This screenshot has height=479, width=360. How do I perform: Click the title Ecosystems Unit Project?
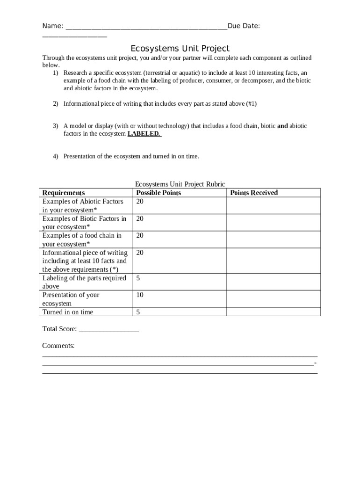coord(180,49)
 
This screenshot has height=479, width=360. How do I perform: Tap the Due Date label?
coord(244,26)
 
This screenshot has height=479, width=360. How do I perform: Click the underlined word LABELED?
coord(144,134)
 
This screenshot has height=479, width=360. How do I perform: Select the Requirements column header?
coord(64,193)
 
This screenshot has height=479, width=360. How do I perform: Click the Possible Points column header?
coord(158,193)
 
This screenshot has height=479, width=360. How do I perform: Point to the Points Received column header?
coord(254,193)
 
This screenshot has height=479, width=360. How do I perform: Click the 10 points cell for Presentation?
coord(140,295)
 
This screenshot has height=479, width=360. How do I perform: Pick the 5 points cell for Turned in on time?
coord(138,312)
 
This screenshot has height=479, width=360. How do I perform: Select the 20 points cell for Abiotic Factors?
coord(140,202)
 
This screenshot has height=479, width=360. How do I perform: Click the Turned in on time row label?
coord(68,312)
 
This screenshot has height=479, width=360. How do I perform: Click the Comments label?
coord(58,346)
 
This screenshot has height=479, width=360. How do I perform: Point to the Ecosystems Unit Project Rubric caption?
coord(180,184)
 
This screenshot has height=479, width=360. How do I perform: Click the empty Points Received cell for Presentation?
coord(274,299)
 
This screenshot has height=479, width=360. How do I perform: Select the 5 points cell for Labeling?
coord(138,278)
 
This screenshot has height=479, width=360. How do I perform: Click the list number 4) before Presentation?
coord(55,156)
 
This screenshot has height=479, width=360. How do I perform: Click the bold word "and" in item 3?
coord(282,126)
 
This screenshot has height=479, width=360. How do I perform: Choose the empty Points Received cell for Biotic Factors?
coord(274,222)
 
